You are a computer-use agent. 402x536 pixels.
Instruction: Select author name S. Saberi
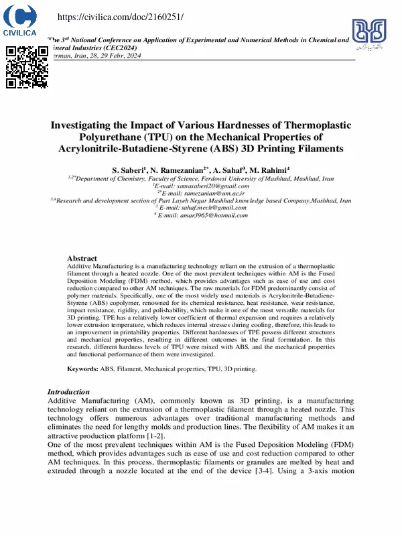click(x=128, y=170)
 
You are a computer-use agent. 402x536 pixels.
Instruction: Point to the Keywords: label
click(x=82, y=368)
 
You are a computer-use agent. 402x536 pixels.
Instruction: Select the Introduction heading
click(x=68, y=391)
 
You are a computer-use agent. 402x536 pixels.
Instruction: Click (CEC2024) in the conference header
click(x=121, y=48)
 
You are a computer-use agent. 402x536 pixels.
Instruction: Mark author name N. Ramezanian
click(x=180, y=170)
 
